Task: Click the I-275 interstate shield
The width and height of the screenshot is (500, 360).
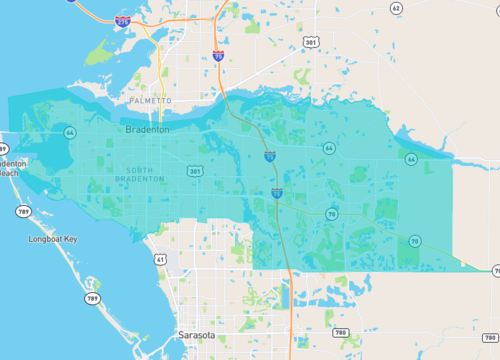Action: click(x=122, y=20)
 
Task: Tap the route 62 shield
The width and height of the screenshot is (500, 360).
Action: click(x=396, y=8)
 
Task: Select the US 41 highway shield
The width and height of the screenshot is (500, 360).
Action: click(x=160, y=259)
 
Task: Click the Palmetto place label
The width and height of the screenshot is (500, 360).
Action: click(x=151, y=101)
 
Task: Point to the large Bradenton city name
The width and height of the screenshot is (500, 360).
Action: click(x=147, y=130)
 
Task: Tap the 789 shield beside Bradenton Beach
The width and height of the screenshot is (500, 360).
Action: click(x=22, y=211)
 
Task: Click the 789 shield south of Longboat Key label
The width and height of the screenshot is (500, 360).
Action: click(x=93, y=298)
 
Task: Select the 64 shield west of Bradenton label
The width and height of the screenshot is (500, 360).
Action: click(x=69, y=132)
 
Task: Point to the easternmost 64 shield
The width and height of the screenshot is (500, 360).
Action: click(x=411, y=158)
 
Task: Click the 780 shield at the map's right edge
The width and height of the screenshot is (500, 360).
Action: click(x=490, y=339)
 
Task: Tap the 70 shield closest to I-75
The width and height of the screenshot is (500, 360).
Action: click(x=331, y=213)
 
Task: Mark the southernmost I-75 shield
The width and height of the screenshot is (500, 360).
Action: click(x=276, y=192)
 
